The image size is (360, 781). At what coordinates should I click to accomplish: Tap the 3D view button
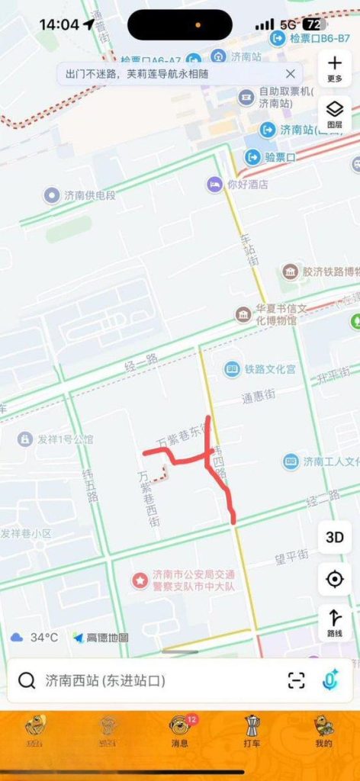click(334, 537)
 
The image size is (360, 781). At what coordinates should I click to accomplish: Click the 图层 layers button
click(334, 113)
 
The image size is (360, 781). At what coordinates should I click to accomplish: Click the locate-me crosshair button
click(334, 579)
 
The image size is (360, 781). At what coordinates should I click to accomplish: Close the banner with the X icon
click(290, 74)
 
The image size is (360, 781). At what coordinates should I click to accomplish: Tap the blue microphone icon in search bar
click(329, 680)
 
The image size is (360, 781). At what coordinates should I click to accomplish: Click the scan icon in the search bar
click(296, 680)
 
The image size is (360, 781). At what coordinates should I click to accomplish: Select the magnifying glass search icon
click(27, 680)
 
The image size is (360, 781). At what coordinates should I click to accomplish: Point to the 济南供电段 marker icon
click(51, 195)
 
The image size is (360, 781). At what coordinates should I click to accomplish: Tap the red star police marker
click(140, 580)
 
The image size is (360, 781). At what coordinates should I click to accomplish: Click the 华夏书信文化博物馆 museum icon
click(243, 314)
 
